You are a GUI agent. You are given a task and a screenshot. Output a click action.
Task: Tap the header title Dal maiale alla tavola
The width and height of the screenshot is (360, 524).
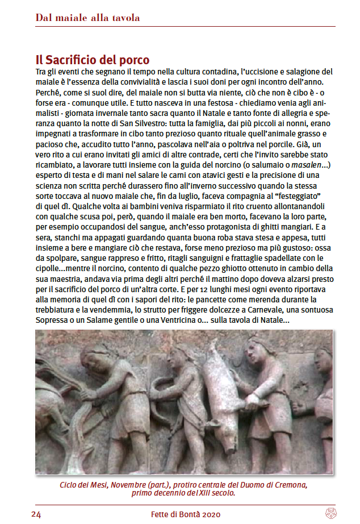tap(87, 18)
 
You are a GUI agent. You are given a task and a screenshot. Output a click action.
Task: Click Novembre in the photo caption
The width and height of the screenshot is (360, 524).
tap(129, 485)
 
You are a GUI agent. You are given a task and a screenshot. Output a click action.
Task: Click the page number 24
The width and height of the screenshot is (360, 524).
tap(36, 514)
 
